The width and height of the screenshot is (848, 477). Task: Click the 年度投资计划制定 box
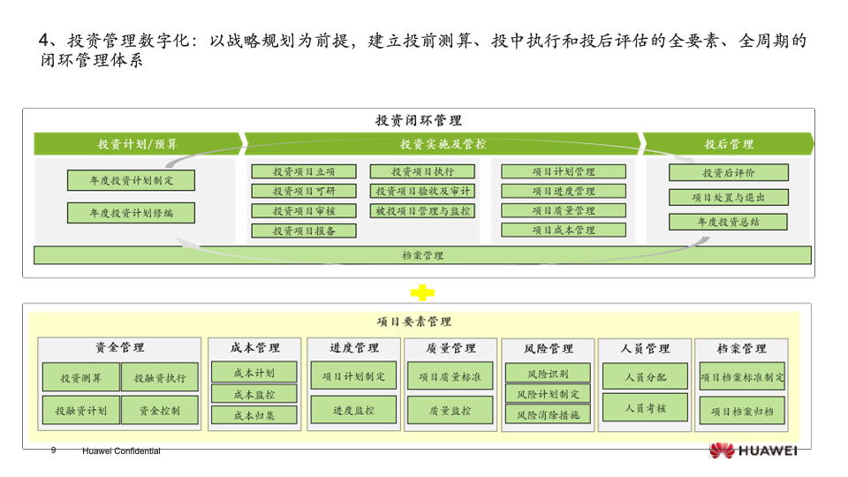[x=131, y=180]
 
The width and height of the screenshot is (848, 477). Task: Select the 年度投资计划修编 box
[x=131, y=213]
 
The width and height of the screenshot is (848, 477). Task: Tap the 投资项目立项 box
[x=304, y=171]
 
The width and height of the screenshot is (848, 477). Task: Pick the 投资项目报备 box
[x=304, y=231]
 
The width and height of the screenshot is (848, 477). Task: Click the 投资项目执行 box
[x=422, y=171]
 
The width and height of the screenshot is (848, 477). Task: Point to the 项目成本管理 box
[x=564, y=231]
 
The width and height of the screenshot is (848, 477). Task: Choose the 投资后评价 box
[x=728, y=173]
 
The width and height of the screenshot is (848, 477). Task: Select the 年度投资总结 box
[x=728, y=222]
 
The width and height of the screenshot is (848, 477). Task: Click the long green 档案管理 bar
[x=422, y=255]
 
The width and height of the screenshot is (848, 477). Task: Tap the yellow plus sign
[x=422, y=291]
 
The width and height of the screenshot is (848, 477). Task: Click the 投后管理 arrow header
[x=728, y=144]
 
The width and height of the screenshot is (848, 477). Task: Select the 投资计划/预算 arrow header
[x=138, y=144]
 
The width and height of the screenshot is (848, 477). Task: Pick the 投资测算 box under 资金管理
[x=80, y=378]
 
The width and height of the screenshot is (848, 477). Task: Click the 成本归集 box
[x=254, y=415]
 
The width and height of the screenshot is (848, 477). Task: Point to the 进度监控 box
[x=353, y=411]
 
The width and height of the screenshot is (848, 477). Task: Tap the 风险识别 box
[x=547, y=374]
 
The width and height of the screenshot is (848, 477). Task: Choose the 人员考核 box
[x=645, y=408]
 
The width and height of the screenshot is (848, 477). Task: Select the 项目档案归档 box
[x=742, y=411]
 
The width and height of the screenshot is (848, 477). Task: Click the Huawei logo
[x=753, y=450]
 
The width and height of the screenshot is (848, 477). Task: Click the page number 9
[x=53, y=450]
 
